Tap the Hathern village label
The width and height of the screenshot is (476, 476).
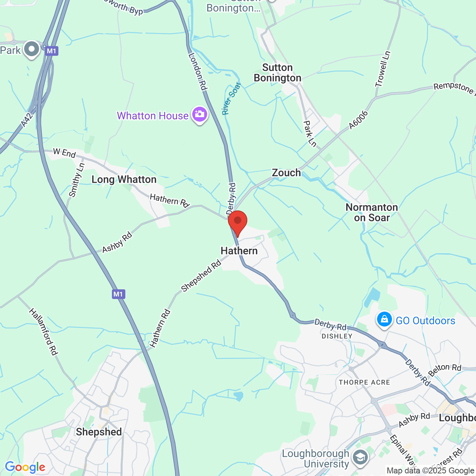(239, 251)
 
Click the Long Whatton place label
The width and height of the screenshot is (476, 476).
(124, 180)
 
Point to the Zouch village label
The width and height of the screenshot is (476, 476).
(286, 173)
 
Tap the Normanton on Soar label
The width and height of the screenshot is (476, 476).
(372, 212)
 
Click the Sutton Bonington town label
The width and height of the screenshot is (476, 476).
(277, 73)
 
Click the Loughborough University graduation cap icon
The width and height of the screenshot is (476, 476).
(360, 457)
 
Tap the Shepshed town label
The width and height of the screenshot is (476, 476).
(99, 432)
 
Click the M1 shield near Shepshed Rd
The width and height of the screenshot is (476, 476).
(118, 294)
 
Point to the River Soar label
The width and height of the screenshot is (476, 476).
(231, 99)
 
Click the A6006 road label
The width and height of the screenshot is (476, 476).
(358, 120)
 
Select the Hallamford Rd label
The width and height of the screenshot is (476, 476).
(44, 332)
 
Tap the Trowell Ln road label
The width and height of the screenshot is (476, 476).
(383, 69)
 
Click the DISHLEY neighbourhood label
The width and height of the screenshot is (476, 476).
(337, 336)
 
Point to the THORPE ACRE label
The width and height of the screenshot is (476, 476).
(364, 382)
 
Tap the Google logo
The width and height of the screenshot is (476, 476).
(25, 467)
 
